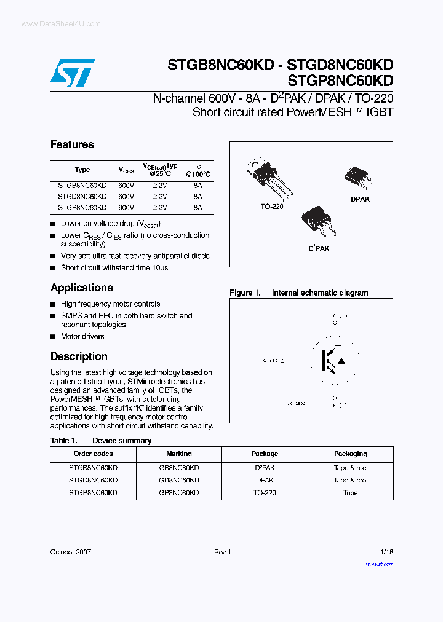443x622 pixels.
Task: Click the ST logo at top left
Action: tap(73, 73)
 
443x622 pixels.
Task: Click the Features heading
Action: tap(72, 144)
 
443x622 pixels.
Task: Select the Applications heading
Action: tap(81, 288)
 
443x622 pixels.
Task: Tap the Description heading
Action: tap(79, 356)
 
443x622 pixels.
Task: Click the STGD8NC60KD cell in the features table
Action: tap(82, 197)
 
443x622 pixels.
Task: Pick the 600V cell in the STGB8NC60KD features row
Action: tap(126, 185)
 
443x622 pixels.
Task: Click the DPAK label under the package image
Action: tap(360, 200)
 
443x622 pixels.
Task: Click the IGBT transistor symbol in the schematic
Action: tap(333, 361)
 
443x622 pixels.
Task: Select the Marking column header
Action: tap(179, 454)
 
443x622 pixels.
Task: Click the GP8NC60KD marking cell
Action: tap(179, 493)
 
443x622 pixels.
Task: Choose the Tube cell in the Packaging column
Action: tap(351, 493)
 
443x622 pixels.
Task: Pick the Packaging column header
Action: tap(351, 454)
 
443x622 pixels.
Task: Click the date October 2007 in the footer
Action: tap(70, 552)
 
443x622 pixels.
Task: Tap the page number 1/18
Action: tap(386, 552)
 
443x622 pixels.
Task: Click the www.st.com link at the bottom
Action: tap(379, 564)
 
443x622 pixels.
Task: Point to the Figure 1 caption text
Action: tap(299, 293)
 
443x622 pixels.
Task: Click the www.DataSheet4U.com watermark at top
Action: tap(61, 24)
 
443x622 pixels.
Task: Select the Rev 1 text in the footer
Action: tap(222, 552)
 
